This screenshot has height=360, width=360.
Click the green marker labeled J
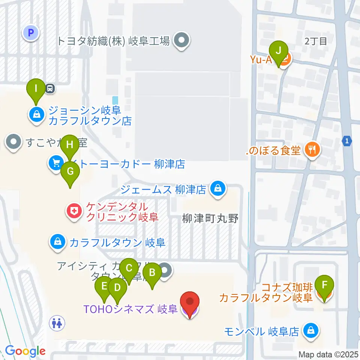[278, 51]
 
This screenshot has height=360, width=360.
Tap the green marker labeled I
[36, 90]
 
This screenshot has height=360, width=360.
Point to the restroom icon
[58, 322]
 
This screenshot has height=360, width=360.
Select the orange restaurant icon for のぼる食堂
[312, 150]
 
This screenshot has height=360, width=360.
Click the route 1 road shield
[347, 141]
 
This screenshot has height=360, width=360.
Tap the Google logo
[25, 351]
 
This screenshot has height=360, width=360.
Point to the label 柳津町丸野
[211, 219]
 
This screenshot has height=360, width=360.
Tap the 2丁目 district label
[316, 41]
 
